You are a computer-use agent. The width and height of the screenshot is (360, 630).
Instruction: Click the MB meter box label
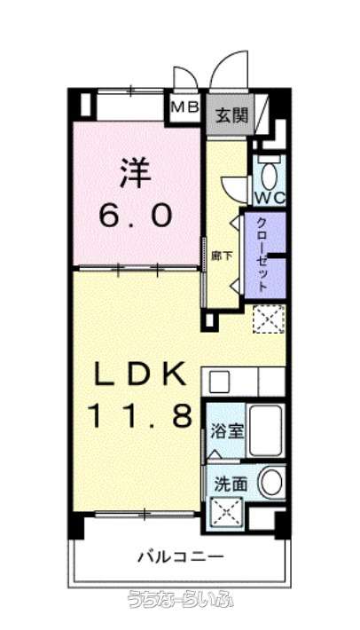click(x=185, y=106)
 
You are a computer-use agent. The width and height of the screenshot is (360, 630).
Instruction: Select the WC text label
click(x=270, y=198)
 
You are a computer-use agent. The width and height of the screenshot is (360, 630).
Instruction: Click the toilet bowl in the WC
click(x=269, y=173)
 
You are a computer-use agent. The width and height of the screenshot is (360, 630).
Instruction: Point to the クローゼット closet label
click(x=262, y=254)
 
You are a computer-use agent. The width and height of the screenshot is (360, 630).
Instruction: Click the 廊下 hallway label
click(x=222, y=256)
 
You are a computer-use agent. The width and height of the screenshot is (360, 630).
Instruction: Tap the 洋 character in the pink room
click(x=136, y=172)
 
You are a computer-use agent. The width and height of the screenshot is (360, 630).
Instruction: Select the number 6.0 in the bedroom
click(x=136, y=215)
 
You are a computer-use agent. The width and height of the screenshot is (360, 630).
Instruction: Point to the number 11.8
click(x=140, y=415)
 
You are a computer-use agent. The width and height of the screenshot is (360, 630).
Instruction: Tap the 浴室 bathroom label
click(x=227, y=431)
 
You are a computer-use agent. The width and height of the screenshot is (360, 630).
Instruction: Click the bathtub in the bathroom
click(x=265, y=430)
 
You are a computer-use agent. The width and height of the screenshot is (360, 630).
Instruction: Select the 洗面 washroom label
click(x=231, y=484)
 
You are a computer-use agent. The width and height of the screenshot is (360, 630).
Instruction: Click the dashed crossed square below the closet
click(x=269, y=319)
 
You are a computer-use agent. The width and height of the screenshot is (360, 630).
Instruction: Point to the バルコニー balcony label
click(x=181, y=557)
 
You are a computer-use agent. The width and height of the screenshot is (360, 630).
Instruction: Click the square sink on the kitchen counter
click(x=219, y=382)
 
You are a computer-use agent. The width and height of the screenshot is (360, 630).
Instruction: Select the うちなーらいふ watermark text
click(x=180, y=599)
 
